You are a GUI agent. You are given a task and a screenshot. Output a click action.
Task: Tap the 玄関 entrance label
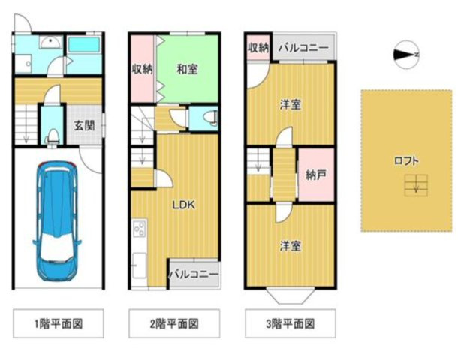click(84, 126)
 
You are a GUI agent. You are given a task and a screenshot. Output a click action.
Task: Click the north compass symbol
click(406, 54)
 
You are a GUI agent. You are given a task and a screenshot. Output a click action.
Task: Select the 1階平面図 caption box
click(58, 324)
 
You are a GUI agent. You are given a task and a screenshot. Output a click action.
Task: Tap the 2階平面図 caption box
click(174, 324)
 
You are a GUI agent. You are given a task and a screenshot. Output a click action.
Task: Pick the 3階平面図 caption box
click(290, 324)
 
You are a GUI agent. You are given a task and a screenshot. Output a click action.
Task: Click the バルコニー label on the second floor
click(194, 274)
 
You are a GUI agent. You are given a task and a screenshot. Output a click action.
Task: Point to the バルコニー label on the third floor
click(303, 47)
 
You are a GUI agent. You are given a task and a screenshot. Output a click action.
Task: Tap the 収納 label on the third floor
click(258, 47)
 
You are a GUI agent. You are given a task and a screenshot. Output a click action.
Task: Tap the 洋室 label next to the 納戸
click(291, 105)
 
